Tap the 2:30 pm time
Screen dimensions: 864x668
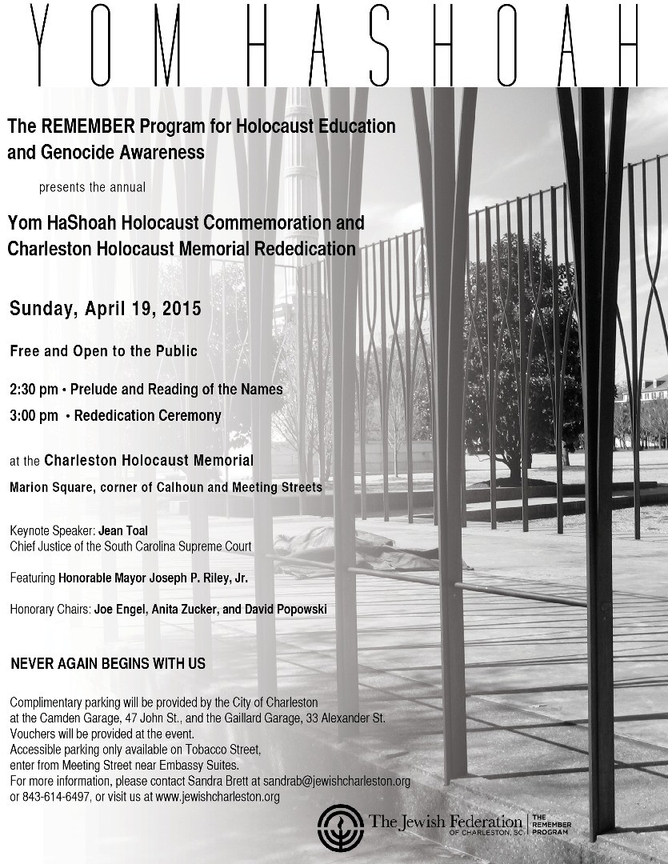[x=34, y=390]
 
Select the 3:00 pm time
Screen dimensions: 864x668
[x=34, y=415]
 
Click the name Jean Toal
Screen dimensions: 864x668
[x=124, y=530]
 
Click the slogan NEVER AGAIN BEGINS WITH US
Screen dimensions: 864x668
[x=108, y=663]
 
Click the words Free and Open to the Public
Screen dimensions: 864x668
[x=103, y=351]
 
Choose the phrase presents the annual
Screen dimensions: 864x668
[x=93, y=188]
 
